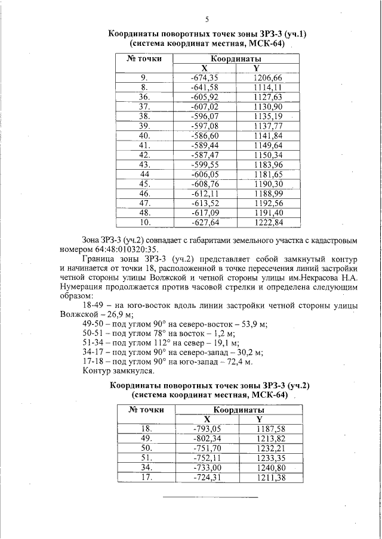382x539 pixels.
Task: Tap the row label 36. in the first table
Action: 144,96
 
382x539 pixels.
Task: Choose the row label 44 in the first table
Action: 144,174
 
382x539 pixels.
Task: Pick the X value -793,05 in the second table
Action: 207,429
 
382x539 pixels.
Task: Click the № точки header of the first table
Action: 144,58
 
